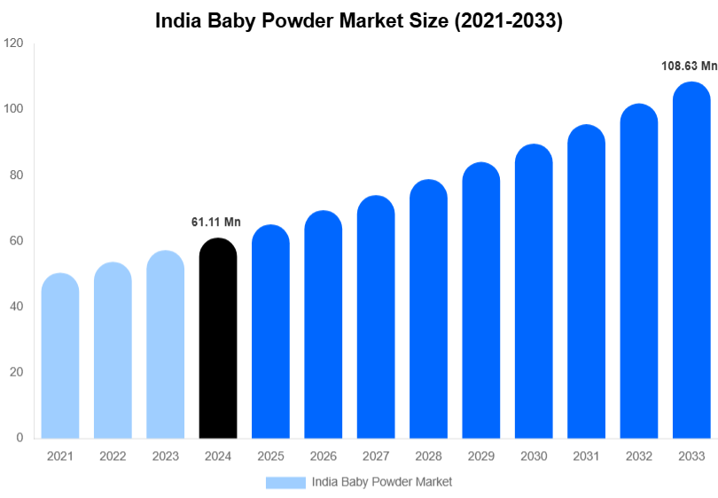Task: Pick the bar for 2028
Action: pyautogui.click(x=428, y=309)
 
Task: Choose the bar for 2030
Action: pyautogui.click(x=534, y=292)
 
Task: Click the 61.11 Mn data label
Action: pyautogui.click(x=216, y=222)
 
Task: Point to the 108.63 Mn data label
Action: pyautogui.click(x=689, y=66)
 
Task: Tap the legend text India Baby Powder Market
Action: pyautogui.click(x=382, y=482)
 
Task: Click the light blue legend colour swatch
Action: pyautogui.click(x=285, y=482)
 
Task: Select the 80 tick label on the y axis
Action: pyautogui.click(x=16, y=175)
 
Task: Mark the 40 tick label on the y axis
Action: pyautogui.click(x=16, y=307)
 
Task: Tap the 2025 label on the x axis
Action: pyautogui.click(x=270, y=455)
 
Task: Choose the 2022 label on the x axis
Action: pyautogui.click(x=113, y=455)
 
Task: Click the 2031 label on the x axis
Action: pyautogui.click(x=586, y=455)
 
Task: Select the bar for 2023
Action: pyautogui.click(x=166, y=345)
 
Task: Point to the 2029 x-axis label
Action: pyautogui.click(x=480, y=455)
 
